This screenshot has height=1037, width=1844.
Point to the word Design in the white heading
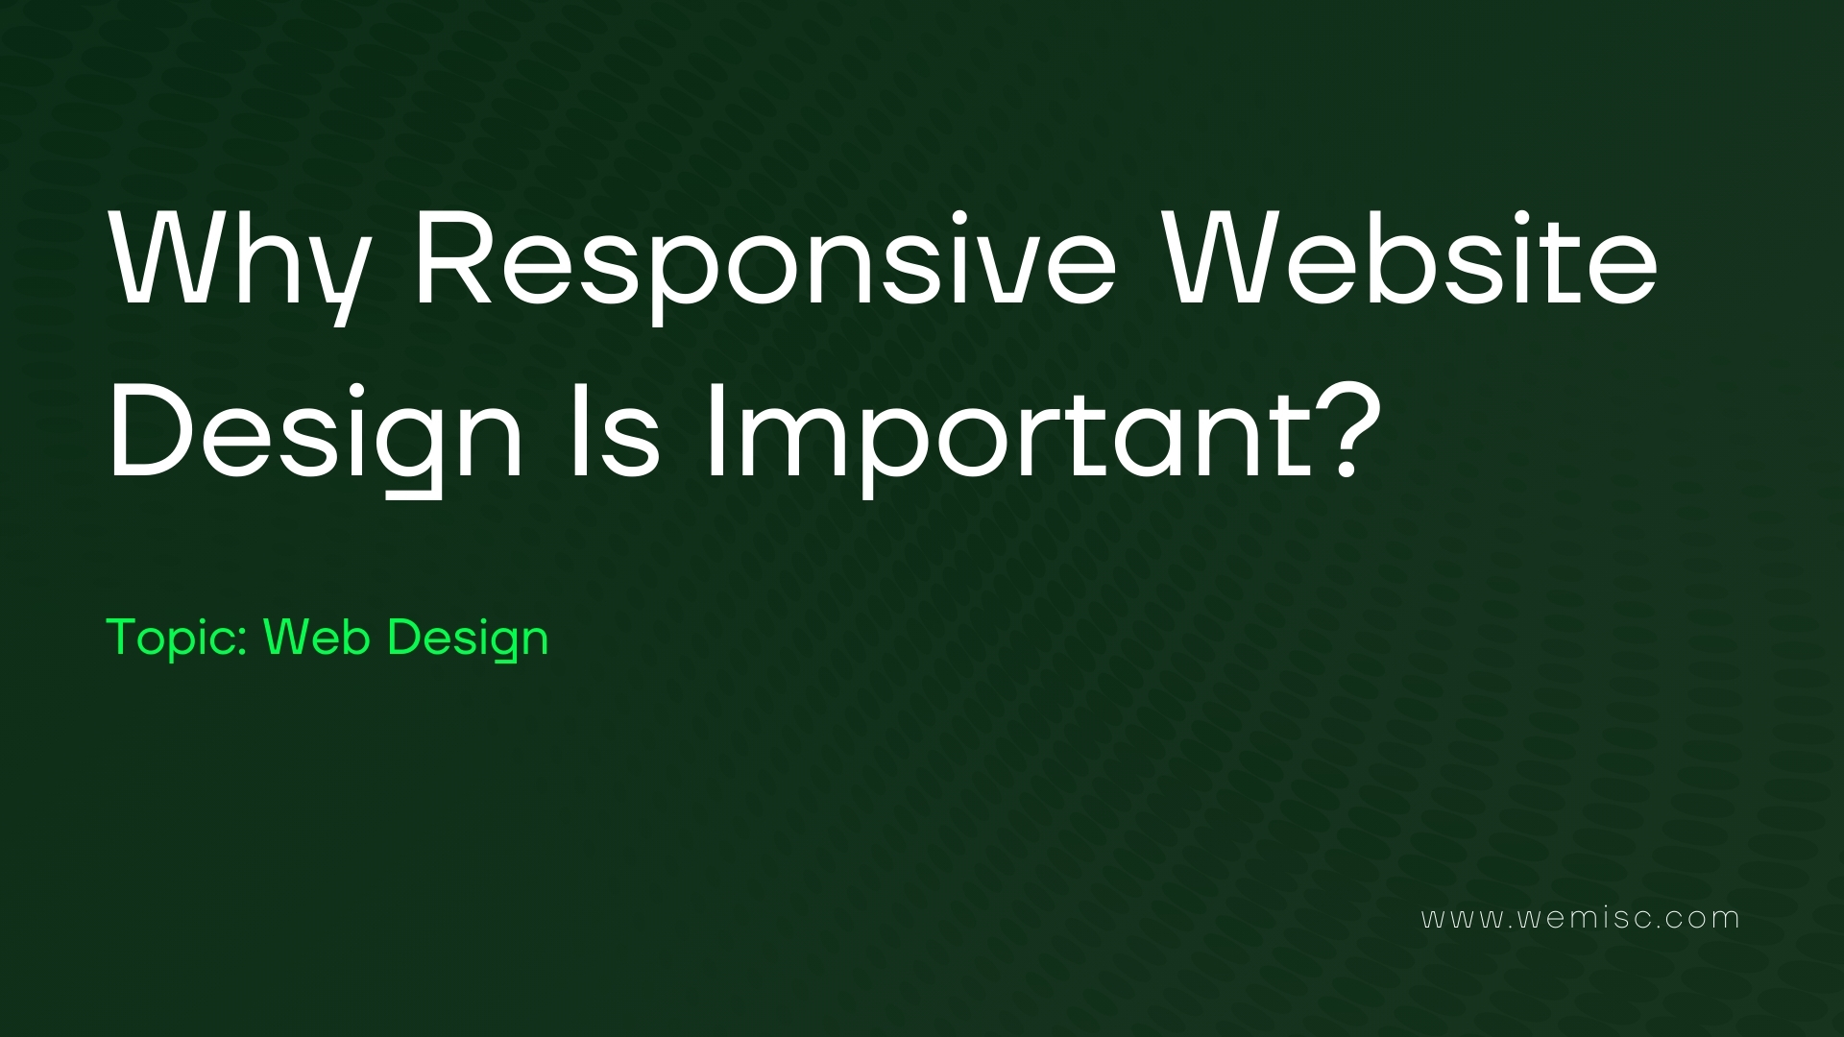click(317, 437)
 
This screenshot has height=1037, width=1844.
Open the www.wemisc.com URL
click(1580, 918)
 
